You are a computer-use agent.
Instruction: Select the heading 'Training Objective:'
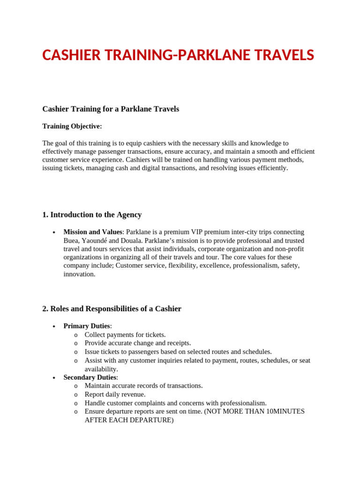click(72, 126)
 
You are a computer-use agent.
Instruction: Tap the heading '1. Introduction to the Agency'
click(92, 215)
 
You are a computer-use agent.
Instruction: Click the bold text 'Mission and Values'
click(93, 232)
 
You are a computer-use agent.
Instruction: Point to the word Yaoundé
click(93, 240)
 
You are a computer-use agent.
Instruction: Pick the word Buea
click(71, 240)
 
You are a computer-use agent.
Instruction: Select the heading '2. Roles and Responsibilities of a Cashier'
click(112, 309)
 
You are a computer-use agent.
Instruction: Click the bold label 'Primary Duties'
click(87, 326)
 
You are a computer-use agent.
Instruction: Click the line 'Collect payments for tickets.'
click(125, 335)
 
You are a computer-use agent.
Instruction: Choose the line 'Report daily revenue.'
click(115, 394)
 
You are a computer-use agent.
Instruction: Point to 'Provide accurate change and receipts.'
click(138, 343)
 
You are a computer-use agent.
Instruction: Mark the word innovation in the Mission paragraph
click(79, 274)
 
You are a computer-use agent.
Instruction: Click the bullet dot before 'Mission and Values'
click(54, 232)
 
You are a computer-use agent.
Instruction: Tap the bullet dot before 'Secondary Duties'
click(54, 378)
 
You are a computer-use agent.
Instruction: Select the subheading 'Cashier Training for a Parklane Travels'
click(111, 109)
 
